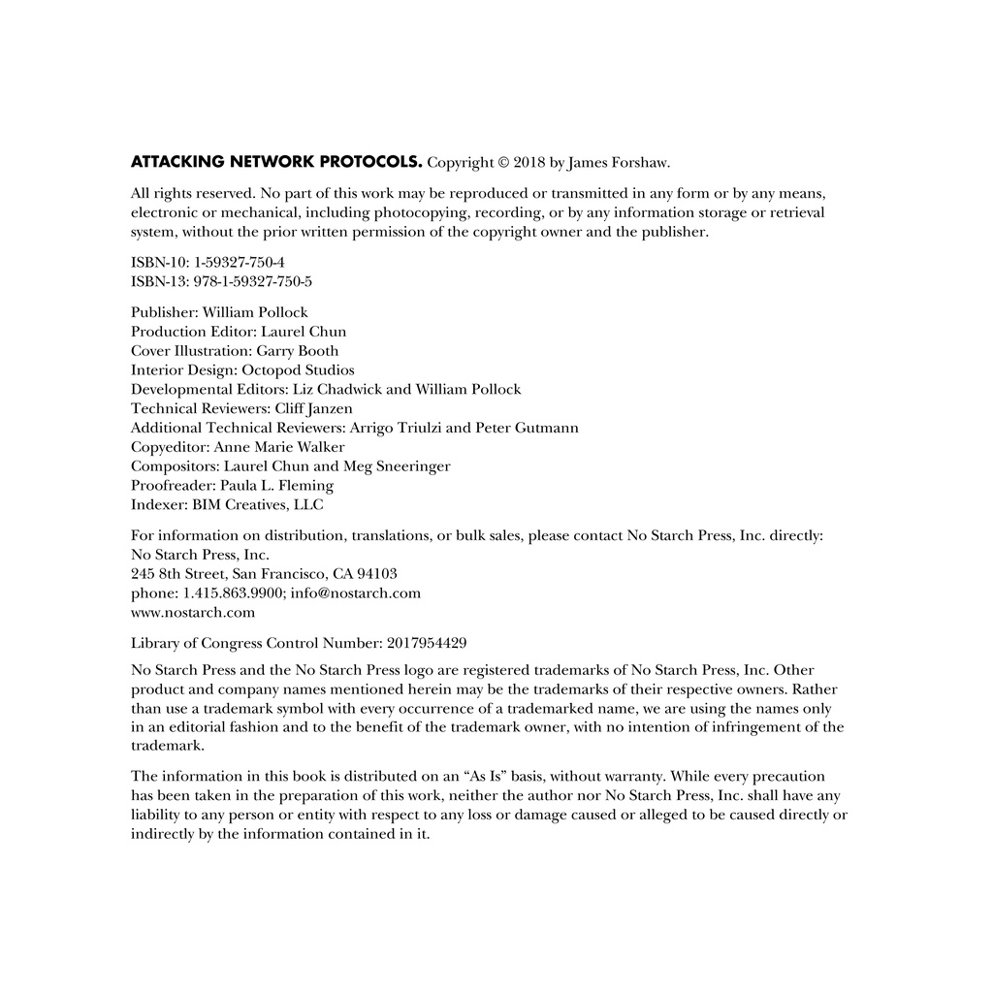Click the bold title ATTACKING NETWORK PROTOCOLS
coord(276,162)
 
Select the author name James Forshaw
coord(619,163)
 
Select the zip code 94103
coord(377,574)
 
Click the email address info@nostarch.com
coord(355,593)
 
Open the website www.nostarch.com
coord(193,613)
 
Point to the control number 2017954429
coord(427,642)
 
